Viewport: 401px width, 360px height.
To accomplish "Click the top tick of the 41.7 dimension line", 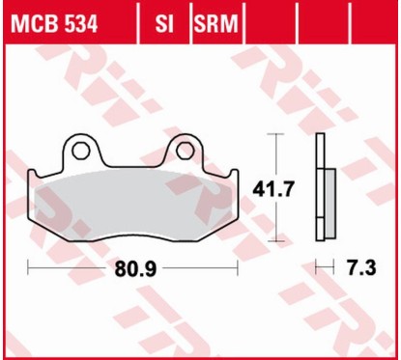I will tap(277, 133).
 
